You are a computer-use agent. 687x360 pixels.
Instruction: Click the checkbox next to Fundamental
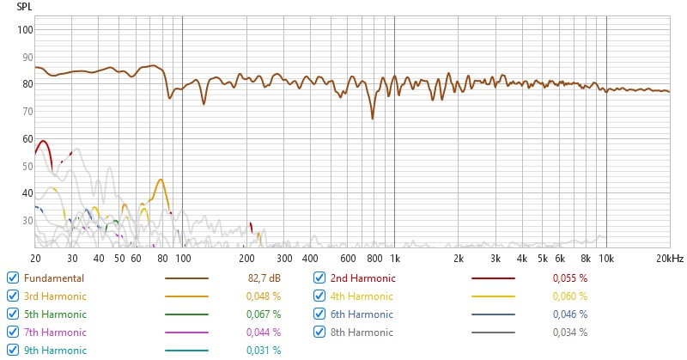click(x=13, y=278)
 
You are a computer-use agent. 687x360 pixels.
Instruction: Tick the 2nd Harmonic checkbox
click(x=319, y=278)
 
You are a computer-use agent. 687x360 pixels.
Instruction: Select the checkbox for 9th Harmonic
click(x=13, y=350)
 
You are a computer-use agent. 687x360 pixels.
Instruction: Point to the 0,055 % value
click(x=571, y=278)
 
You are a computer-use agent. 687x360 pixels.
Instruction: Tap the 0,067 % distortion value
click(x=264, y=314)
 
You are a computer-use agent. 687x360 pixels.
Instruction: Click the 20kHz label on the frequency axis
click(x=669, y=258)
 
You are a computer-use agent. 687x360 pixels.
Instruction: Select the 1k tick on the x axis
click(x=394, y=258)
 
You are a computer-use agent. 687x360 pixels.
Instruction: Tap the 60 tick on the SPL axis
click(x=27, y=138)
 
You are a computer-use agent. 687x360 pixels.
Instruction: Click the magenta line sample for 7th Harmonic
click(x=186, y=333)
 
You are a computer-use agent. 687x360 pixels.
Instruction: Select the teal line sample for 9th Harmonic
click(x=186, y=351)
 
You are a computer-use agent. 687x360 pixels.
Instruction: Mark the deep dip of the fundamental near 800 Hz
click(x=373, y=119)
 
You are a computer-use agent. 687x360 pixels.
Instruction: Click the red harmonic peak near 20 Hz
click(x=42, y=141)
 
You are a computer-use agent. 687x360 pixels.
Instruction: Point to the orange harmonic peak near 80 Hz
click(x=161, y=180)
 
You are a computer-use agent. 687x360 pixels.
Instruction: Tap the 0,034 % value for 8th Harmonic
click(x=571, y=333)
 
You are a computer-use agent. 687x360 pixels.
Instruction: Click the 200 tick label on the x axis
click(x=246, y=258)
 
